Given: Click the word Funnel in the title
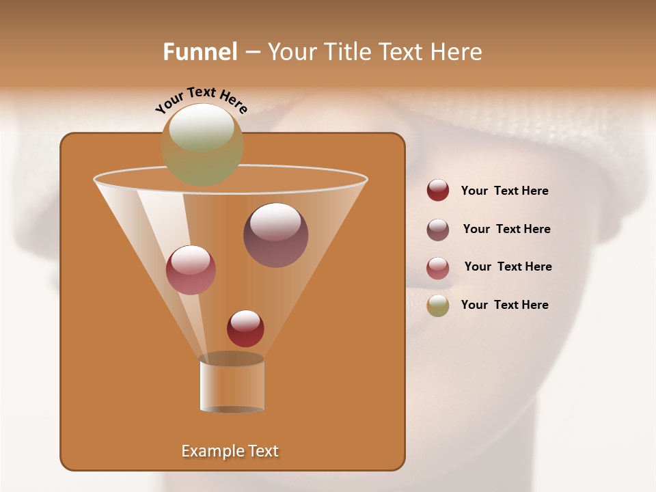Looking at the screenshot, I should [x=200, y=52].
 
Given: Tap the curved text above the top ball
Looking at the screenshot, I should [x=202, y=100].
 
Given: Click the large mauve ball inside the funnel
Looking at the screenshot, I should [x=275, y=234].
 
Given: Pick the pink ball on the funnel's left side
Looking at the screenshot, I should [x=191, y=269].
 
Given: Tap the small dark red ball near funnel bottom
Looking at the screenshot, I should [x=245, y=328].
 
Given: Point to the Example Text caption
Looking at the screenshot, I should [x=230, y=451].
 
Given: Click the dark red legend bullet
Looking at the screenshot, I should [x=438, y=191].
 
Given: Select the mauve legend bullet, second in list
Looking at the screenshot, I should [x=438, y=230].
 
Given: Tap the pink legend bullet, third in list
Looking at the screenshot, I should [x=438, y=268].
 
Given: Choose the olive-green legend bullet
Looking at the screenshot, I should [x=438, y=305].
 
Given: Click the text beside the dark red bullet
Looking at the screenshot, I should [x=504, y=191].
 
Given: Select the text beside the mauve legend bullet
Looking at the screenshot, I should [x=506, y=230].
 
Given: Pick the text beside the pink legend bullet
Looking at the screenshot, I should [x=508, y=267].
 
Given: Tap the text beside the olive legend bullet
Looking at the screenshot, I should [x=504, y=305].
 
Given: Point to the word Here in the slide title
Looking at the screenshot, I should [x=456, y=52].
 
